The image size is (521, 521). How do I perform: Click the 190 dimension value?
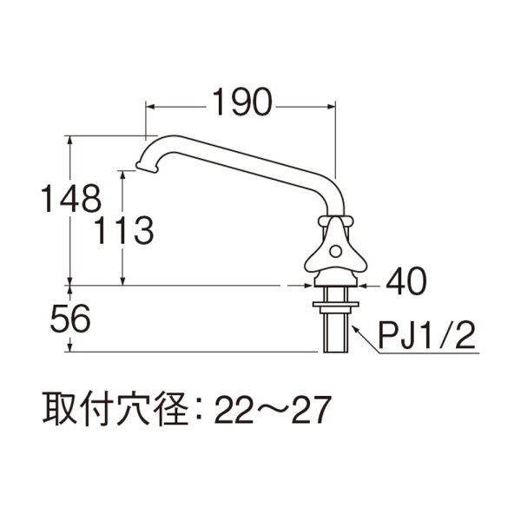coord(239,104)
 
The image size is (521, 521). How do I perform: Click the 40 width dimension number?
coord(406,282)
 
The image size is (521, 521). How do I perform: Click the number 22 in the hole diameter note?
coord(233,408)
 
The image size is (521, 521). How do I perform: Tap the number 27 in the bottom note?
coord(311,408)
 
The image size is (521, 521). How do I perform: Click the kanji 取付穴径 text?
coord(111,408)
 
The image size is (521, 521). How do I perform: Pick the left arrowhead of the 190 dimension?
coord(148,107)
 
